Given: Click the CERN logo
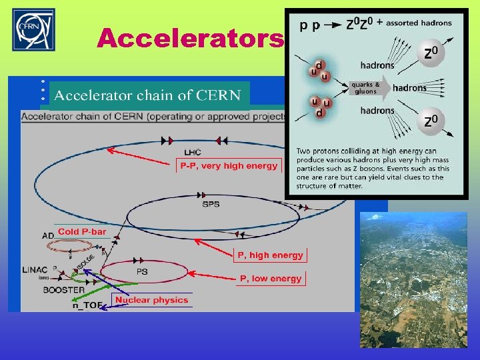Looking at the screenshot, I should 34,30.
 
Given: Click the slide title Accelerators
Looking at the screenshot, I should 190,39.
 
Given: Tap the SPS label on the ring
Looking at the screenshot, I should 210,204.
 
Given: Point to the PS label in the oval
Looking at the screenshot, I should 142,271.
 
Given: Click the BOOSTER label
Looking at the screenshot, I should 64,290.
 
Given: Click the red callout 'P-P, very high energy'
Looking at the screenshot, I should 229,165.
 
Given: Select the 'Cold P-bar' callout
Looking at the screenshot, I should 81,231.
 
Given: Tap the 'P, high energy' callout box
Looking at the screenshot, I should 270,255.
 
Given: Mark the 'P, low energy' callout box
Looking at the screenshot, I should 271,278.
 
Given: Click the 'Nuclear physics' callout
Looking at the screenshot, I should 151,300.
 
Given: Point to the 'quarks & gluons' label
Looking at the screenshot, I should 365,88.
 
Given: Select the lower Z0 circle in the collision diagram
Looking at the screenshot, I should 432,121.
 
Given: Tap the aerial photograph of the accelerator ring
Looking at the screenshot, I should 413,280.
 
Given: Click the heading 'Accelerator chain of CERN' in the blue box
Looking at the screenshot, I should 147,95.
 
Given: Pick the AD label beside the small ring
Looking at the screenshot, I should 48,236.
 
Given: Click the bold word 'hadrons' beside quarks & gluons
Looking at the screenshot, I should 409,88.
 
